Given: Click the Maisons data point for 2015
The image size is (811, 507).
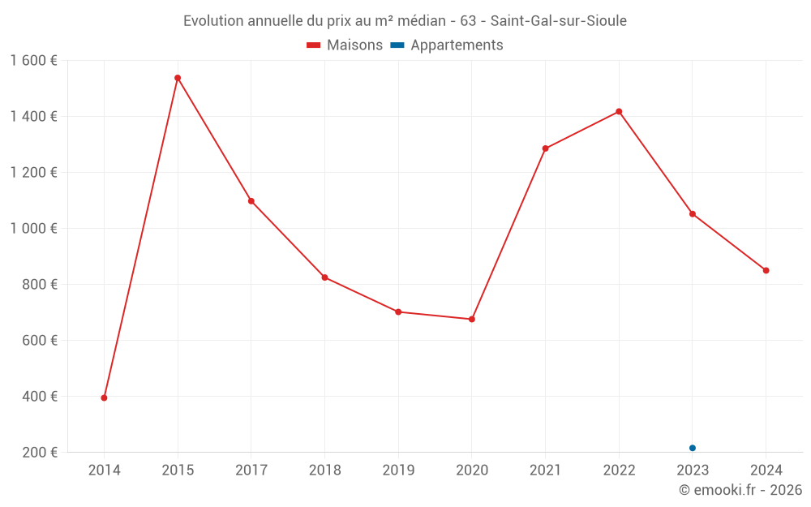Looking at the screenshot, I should (178, 78).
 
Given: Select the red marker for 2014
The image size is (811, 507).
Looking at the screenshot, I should (104, 397).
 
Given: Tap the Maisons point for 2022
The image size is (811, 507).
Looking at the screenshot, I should (619, 111).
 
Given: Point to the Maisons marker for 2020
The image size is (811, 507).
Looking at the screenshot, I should (472, 319).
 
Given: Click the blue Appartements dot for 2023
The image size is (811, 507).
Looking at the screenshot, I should (693, 448).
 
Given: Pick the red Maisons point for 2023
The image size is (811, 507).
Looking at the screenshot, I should (693, 214).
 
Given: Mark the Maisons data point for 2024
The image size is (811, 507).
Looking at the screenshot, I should (766, 270).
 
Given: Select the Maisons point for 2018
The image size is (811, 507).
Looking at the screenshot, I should (324, 277).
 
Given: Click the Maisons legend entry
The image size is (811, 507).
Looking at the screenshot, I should (345, 45).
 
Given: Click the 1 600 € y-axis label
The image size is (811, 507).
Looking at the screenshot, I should (34, 60).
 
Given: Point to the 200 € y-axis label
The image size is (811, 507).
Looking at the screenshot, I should (39, 452).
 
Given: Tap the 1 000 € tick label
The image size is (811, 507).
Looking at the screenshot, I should (34, 228).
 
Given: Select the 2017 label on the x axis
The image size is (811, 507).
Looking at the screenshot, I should (251, 470).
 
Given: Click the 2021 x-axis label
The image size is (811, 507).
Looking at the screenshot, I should (545, 470).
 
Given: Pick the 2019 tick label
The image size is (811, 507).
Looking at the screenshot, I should (398, 470).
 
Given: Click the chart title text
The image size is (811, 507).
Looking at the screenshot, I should (405, 21).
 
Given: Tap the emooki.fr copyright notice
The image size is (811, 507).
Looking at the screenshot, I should (740, 490).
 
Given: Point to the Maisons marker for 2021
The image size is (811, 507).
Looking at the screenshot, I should (545, 148).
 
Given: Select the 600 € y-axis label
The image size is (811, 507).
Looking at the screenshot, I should (39, 340).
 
